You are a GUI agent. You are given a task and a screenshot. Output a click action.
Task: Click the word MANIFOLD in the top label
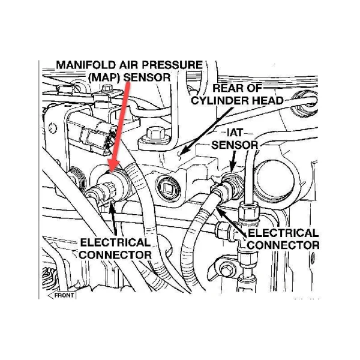coord(86,65)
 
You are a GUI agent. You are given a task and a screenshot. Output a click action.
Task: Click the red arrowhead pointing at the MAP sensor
coord(113,163)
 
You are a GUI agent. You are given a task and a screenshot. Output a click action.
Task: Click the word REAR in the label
coord(227,88)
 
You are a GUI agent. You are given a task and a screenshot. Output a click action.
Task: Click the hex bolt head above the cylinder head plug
coord(155,134)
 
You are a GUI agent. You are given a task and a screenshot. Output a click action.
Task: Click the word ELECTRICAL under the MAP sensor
coord(115,242)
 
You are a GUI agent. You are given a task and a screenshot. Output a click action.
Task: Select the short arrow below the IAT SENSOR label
coord(233,161)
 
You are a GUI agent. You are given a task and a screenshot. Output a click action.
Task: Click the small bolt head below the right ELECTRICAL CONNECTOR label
coord(226,268)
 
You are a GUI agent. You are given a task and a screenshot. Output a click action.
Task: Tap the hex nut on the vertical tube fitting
coord(250,212)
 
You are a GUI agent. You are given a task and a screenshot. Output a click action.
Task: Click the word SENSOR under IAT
coord(235,145)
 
